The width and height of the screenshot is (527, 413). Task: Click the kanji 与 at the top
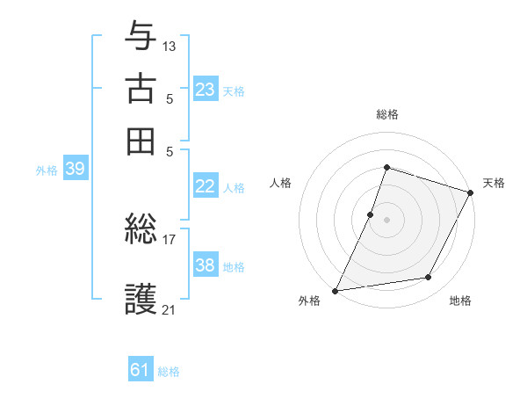click(141, 38)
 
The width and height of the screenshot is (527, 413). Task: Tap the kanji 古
click(141, 89)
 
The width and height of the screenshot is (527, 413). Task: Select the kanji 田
click(141, 140)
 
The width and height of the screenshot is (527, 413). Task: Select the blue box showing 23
click(206, 90)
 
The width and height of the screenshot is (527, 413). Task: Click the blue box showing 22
click(206, 186)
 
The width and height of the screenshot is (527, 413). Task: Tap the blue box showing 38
click(206, 265)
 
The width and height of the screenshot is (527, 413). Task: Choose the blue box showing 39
click(75, 170)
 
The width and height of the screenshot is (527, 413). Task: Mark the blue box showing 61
click(141, 370)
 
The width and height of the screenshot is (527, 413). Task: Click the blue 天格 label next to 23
click(234, 91)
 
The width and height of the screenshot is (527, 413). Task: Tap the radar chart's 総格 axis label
click(386, 115)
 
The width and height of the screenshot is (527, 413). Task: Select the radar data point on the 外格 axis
click(336, 290)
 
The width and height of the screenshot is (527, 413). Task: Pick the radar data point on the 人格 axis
click(371, 214)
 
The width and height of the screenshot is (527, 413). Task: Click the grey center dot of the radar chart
click(386, 220)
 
